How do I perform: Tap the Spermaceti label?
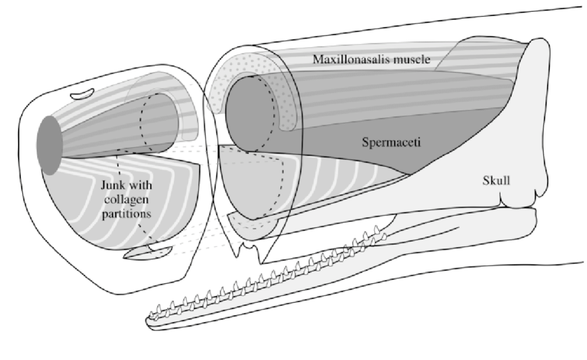coord(391,142)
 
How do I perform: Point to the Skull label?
coord(496,180)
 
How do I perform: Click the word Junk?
coord(113,185)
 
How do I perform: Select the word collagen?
coord(126,200)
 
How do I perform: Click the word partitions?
coord(126,214)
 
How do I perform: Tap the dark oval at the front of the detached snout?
coord(50,145)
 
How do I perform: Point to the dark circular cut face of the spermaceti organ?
coord(250,114)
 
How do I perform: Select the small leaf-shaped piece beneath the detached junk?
coord(148,252)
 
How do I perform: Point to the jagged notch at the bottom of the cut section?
coord(248,250)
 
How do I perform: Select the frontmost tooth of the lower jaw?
coord(153,314)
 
